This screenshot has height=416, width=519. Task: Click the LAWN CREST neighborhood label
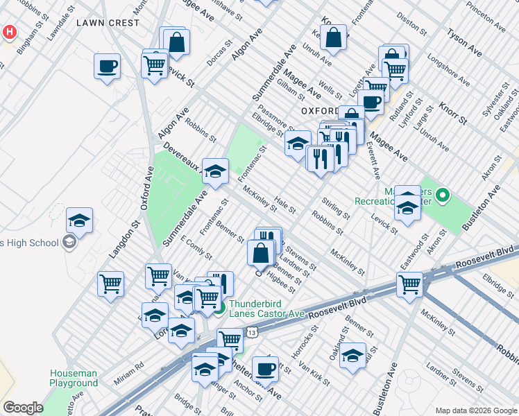click(108, 23)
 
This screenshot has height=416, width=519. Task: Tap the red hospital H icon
click(10, 32)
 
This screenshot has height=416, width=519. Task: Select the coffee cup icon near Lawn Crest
click(107, 67)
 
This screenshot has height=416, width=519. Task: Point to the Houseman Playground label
click(74, 378)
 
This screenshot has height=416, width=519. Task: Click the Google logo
click(23, 407)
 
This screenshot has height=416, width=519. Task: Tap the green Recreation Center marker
click(445, 196)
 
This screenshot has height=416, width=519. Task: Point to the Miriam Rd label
click(130, 365)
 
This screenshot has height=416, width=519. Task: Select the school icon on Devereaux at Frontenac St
click(215, 171)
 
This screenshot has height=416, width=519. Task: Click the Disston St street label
click(412, 25)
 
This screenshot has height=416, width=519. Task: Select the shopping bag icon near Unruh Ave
click(333, 38)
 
